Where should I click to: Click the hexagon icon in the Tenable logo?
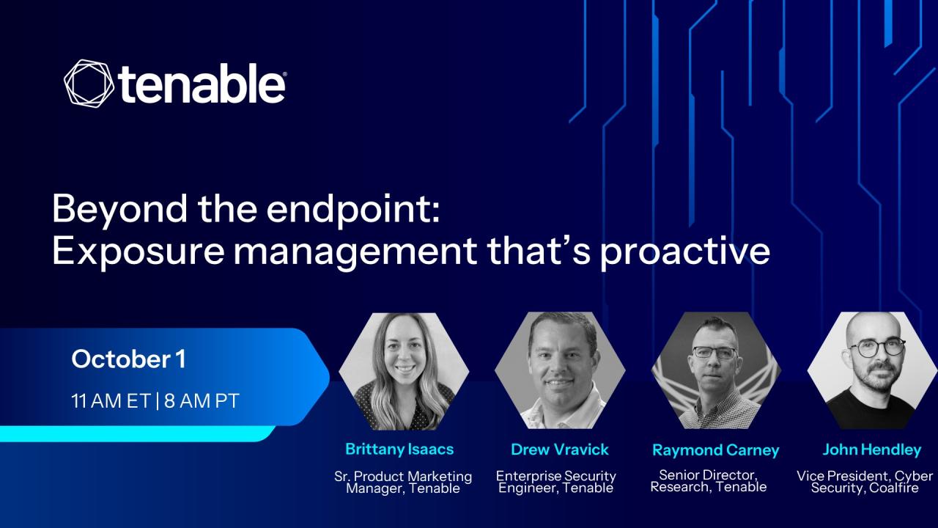89,84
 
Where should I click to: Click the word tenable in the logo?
202,84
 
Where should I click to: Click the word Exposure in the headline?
138,252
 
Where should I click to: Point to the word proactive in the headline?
685,252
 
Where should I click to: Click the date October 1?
128,359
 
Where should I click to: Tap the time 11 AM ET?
111,401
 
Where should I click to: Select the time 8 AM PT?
202,401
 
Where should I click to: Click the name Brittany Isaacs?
399,450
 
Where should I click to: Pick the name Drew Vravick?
559,450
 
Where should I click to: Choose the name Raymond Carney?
716,450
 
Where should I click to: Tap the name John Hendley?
872,450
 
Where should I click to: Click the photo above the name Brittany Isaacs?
404,371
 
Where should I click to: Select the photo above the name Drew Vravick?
560,370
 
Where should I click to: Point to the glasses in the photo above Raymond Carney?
714,353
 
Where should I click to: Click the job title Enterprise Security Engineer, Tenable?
556,482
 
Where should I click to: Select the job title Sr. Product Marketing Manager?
403,483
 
